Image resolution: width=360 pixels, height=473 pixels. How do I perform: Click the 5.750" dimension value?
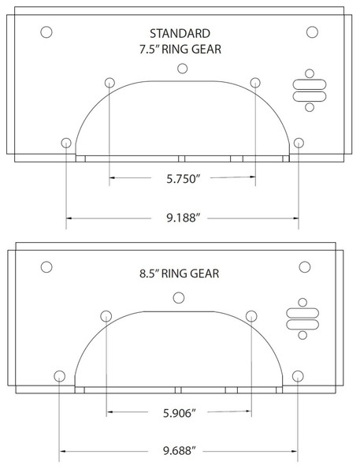184,179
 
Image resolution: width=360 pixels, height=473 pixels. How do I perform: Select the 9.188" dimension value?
184,218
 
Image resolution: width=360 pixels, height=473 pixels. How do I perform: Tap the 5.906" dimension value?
180,413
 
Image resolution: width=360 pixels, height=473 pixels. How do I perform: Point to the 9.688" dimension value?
180,451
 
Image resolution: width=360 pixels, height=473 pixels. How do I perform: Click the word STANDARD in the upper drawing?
180,33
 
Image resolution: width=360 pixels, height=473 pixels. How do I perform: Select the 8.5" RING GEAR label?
180,274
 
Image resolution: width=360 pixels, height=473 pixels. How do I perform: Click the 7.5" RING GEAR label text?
180,49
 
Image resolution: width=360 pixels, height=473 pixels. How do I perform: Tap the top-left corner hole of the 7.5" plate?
46,32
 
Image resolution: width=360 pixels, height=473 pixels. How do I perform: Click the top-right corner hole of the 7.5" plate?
312,32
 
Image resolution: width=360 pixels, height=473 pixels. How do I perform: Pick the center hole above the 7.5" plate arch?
183,69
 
